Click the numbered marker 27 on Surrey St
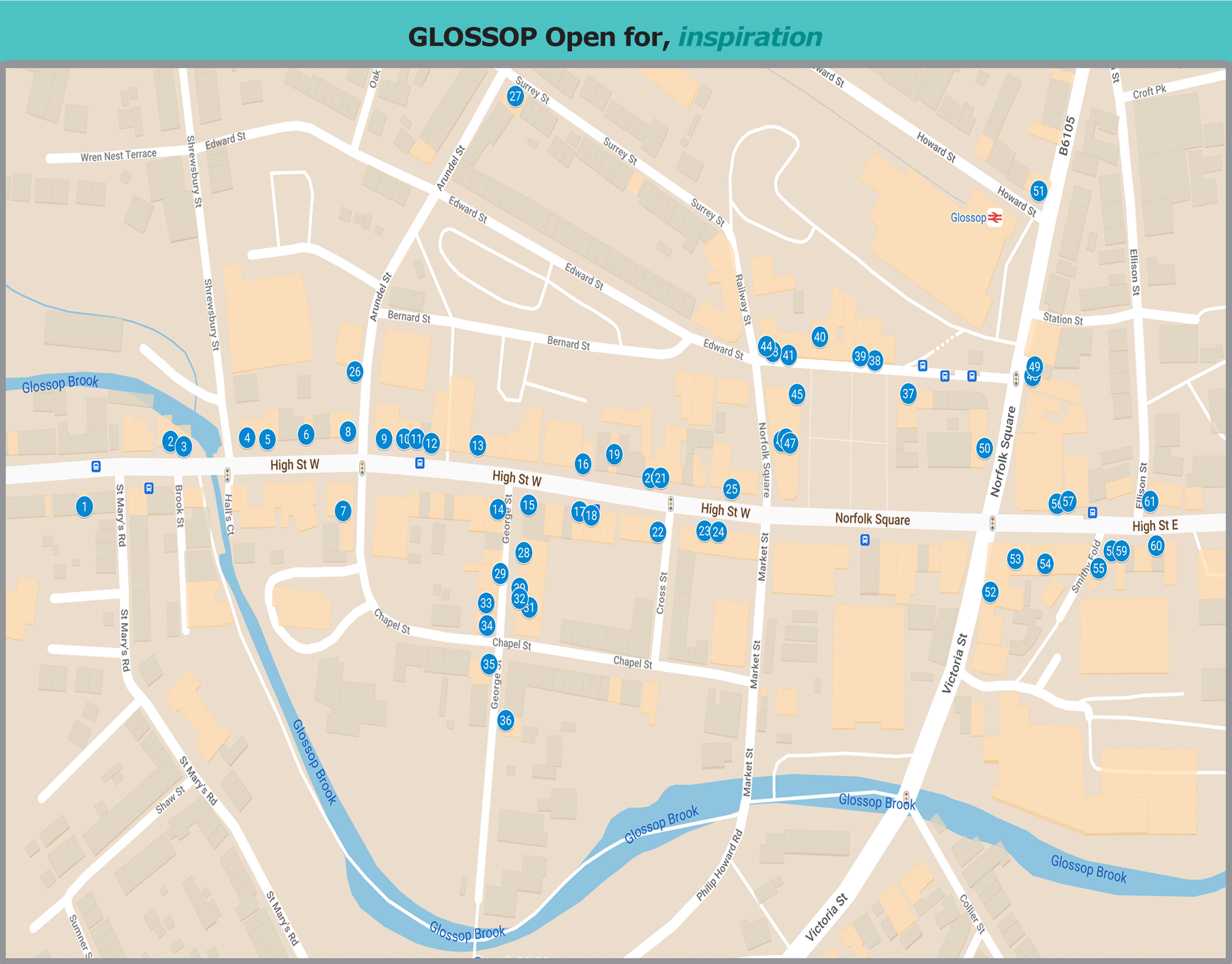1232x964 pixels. (x=514, y=97)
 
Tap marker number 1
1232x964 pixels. (x=84, y=506)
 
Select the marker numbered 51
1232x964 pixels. (x=1038, y=191)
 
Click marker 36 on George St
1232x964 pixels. (x=506, y=720)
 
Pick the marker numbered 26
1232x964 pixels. (x=354, y=372)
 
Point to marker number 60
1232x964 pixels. (x=1156, y=546)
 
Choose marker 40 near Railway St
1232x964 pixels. (x=820, y=337)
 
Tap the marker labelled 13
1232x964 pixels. (x=478, y=446)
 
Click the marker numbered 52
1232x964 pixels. (x=990, y=591)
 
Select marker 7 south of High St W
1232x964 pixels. (x=342, y=511)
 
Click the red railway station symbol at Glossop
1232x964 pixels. (x=994, y=217)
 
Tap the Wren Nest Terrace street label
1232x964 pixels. (x=118, y=155)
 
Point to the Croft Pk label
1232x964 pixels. (x=1149, y=91)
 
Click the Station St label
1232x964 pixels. (x=1062, y=319)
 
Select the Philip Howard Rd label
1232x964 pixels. (x=719, y=864)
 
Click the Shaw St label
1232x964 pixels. (x=171, y=799)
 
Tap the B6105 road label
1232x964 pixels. (x=1066, y=136)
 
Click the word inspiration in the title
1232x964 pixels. (x=750, y=37)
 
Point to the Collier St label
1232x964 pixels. (x=972, y=914)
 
